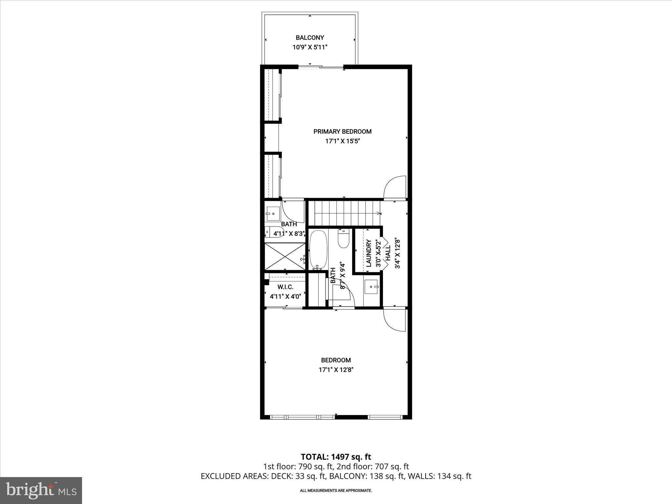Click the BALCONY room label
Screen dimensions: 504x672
310,38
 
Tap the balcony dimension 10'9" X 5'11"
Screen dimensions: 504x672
310,47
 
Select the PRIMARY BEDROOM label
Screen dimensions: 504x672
342,132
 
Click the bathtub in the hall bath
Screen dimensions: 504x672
318,249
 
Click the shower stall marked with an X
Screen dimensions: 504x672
285,256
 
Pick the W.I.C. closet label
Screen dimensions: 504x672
285,287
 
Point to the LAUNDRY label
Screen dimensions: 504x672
369,253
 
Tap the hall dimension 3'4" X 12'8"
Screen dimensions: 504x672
398,253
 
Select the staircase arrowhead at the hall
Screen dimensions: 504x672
379,214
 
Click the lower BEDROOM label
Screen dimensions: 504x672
336,360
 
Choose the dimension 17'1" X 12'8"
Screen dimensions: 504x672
336,370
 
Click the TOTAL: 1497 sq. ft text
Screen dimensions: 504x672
336,457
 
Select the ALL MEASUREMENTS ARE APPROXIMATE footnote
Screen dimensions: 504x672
336,491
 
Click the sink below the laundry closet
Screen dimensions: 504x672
372,286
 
